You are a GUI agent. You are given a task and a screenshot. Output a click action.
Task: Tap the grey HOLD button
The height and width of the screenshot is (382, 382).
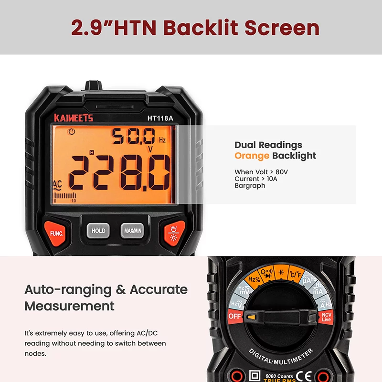tap(98, 231)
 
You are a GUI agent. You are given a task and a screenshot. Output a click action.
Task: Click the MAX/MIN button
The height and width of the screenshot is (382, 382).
tap(133, 231)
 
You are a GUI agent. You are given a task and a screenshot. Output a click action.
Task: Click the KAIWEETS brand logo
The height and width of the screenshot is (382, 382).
tap(74, 117)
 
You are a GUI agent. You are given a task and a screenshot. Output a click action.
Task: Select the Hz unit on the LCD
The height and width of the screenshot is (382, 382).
tap(162, 140)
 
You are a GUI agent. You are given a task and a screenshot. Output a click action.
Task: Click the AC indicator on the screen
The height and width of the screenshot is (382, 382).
tap(57, 185)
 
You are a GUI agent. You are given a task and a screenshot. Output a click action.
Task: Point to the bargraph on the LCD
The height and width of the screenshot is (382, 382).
tap(65, 196)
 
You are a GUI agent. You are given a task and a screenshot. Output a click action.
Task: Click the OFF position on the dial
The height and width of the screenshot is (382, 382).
tap(234, 316)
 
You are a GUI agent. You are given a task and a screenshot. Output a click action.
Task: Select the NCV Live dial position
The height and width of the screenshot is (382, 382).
tap(327, 317)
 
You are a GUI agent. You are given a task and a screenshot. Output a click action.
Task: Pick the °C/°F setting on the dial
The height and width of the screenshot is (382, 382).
tap(294, 274)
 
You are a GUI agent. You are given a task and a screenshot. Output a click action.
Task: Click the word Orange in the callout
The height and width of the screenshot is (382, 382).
tap(252, 156)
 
